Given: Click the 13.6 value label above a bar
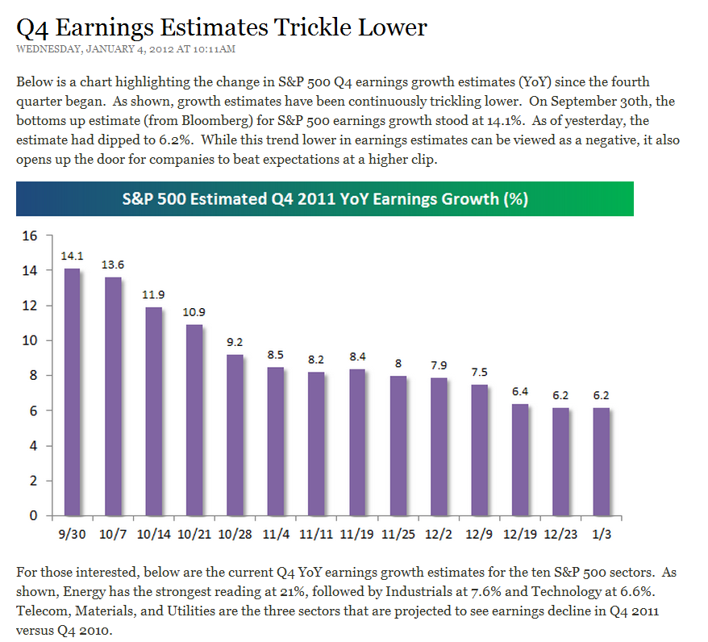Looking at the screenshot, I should click(x=113, y=265).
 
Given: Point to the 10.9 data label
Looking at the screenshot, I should click(x=194, y=311).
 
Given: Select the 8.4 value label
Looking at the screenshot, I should click(x=357, y=356).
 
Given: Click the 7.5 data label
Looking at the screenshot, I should click(x=480, y=372).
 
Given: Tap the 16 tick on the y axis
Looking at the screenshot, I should click(x=30, y=236).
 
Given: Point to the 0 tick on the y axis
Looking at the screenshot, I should click(x=34, y=516).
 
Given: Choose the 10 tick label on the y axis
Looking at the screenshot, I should click(x=30, y=341).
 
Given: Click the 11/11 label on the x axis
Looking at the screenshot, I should click(x=316, y=534).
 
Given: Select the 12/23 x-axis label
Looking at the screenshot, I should click(x=560, y=534).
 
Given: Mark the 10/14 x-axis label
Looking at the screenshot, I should click(x=153, y=534).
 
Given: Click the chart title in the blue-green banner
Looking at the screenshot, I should click(x=324, y=198).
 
